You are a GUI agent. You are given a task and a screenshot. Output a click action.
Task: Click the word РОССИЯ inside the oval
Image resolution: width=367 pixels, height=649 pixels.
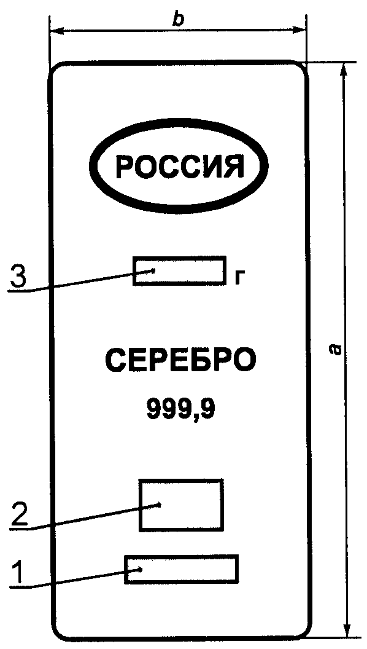point(179,167)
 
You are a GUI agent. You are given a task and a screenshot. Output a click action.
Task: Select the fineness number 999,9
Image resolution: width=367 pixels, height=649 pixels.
point(180,409)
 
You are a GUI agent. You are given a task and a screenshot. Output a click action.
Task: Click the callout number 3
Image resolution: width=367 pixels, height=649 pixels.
point(19,277)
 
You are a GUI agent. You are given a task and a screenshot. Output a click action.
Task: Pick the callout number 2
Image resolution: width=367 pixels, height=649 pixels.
point(20,513)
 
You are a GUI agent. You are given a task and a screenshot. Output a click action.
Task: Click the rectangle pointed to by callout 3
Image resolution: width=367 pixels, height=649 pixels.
point(179,258)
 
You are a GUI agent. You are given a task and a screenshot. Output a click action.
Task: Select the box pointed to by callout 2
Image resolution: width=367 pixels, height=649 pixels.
point(182,481)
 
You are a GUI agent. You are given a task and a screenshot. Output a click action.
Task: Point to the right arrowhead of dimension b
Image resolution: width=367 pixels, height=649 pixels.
point(299,30)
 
